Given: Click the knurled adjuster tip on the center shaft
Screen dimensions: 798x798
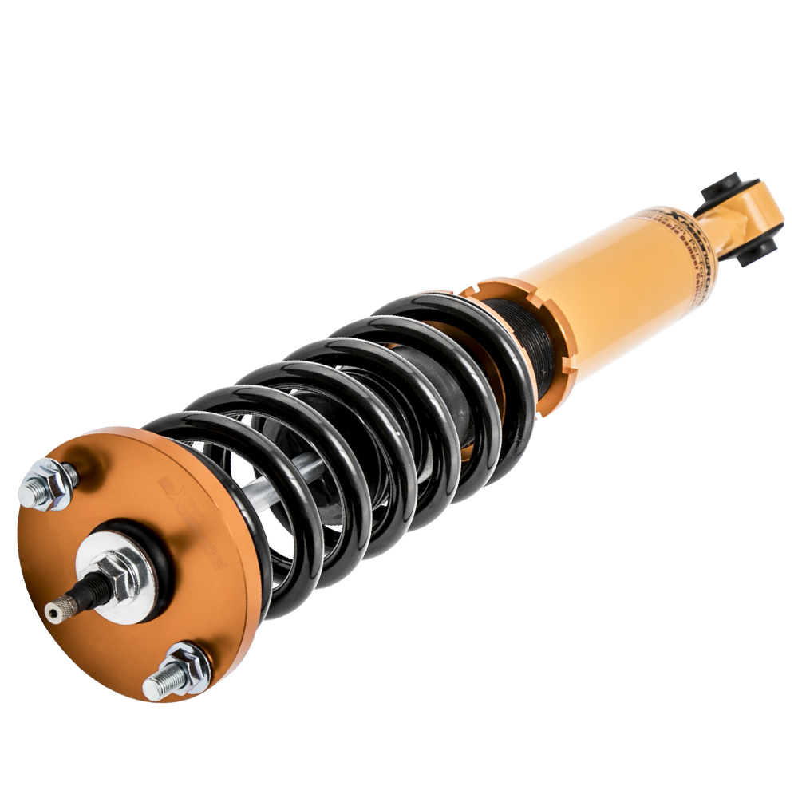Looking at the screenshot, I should [x=57, y=611].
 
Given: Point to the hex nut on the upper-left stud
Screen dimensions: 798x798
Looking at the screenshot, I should [x=54, y=482].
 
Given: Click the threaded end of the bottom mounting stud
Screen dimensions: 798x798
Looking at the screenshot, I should [x=157, y=685].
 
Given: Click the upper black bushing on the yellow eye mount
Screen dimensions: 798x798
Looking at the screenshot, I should [x=721, y=191].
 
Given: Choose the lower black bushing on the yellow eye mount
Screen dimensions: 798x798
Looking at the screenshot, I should [x=754, y=252].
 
